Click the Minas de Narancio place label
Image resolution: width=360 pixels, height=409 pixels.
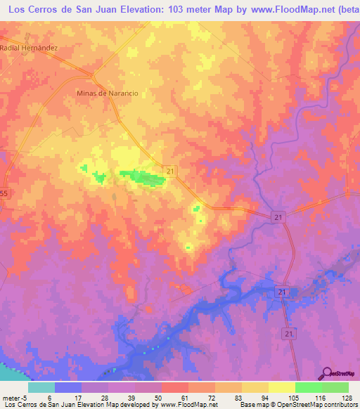107,93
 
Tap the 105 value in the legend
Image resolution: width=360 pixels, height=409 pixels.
295,398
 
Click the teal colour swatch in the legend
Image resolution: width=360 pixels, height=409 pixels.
41,387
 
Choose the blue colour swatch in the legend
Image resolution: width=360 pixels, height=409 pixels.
68,387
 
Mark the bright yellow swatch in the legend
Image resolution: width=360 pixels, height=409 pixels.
282,387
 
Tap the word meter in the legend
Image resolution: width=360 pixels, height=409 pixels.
10,398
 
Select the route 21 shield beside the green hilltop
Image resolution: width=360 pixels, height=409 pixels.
171,171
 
